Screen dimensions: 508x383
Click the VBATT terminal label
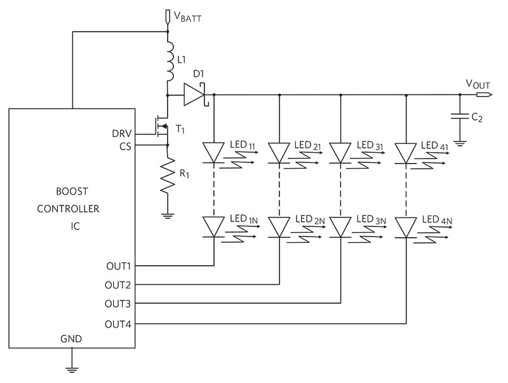click(187, 16)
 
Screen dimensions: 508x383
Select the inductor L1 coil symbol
click(170, 61)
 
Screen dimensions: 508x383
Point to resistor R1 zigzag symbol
click(168, 176)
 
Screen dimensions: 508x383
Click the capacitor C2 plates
click(460, 117)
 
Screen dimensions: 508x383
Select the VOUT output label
click(478, 84)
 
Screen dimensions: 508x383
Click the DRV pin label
click(122, 134)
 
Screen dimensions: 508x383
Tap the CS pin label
click(125, 146)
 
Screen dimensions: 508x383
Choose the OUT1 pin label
click(119, 266)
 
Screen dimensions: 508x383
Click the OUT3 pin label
click(118, 304)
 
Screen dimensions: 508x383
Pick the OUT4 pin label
click(118, 324)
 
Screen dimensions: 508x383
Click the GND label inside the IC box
click(71, 339)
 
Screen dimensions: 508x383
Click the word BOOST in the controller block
click(72, 191)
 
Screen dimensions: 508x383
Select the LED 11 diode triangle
click(213, 153)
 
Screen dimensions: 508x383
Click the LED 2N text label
click(310, 219)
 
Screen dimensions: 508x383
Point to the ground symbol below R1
click(168, 216)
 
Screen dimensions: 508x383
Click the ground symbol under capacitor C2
click(460, 143)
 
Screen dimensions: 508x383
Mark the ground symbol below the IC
click(72, 370)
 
